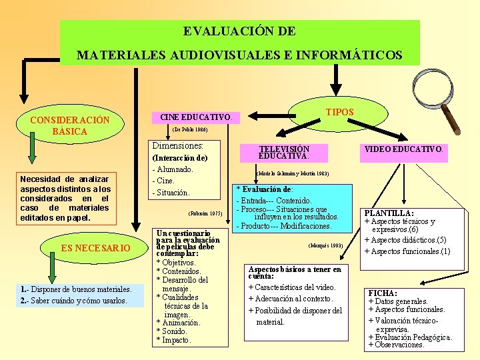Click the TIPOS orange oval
[x=339, y=112]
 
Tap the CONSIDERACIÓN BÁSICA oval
[x=70, y=125]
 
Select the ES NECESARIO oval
[x=95, y=248]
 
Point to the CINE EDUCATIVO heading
[x=195, y=117]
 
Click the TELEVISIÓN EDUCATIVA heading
[x=284, y=153]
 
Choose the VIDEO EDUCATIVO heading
[x=403, y=149]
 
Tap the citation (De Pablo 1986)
[x=189, y=130]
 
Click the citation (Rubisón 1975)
[x=206, y=214]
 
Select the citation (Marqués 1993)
[x=326, y=245]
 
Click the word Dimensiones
[x=177, y=145]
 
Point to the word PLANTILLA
[x=389, y=213]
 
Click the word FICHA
[x=383, y=293]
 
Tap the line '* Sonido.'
[x=172, y=331]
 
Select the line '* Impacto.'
[x=173, y=340]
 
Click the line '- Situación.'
[x=171, y=193]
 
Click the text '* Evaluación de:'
[x=265, y=189]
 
